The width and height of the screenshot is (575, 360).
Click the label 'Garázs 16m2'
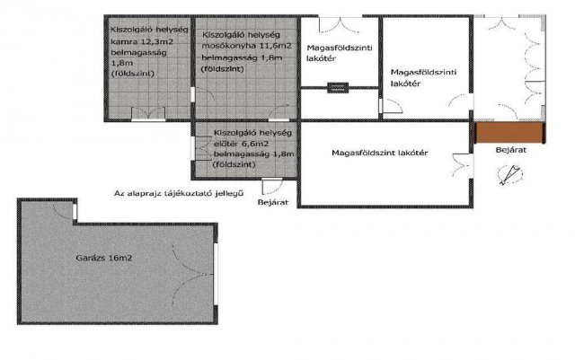pos(104,258)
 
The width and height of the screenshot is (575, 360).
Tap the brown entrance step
pos(509,133)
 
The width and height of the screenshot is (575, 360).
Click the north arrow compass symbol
pos(510,174)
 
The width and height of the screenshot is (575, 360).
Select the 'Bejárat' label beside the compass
pos(511,150)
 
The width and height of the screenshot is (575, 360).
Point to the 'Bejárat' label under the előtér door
pos(273,202)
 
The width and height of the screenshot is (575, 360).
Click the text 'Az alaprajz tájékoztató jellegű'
pos(179,193)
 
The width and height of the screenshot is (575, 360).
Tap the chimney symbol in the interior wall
pos(338,88)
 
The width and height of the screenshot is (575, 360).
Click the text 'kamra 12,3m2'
pos(142,42)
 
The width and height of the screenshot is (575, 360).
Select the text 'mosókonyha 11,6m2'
pos(247,46)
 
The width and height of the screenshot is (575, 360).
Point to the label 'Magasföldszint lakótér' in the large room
pos(379,153)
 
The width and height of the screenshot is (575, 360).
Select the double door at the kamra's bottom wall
pos(148,113)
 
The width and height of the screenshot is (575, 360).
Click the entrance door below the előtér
pos(272,186)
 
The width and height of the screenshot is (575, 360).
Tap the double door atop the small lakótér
pos(340,25)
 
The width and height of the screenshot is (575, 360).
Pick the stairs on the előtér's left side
pos(202,148)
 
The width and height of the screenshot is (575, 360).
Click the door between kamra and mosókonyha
pos(203,94)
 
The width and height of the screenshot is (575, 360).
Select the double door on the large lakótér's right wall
pos(462,166)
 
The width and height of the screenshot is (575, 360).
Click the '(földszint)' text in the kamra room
pos(132,74)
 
